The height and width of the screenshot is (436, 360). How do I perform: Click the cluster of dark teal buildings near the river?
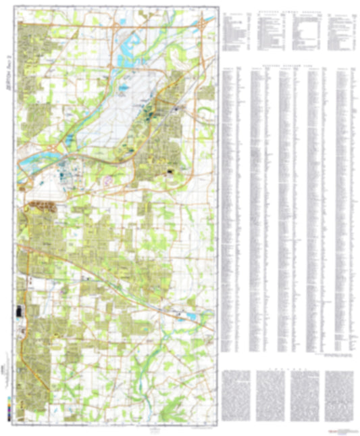coord(68,169)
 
